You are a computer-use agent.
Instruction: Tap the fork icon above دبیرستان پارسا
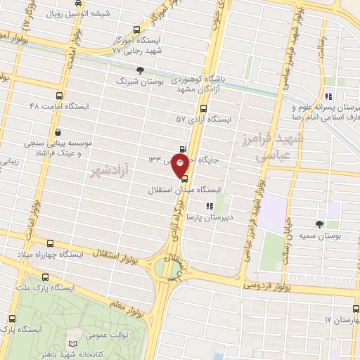coord(208,206)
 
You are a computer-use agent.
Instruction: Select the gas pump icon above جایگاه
coord(184,148)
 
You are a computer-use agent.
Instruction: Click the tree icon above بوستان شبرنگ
coord(140,70)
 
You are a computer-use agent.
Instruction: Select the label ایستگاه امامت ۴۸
coord(57,105)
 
